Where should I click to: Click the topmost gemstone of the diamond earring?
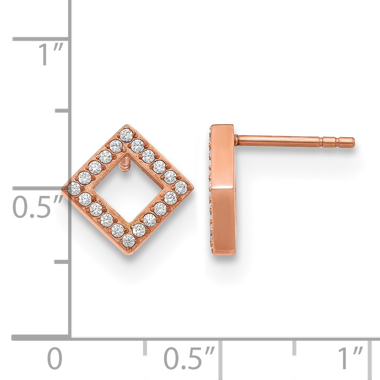[x=126, y=135]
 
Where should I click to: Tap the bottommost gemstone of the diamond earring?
[x=129, y=240]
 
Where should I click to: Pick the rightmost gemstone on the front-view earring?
[x=181, y=187]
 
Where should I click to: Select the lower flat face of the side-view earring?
[x=223, y=222]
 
